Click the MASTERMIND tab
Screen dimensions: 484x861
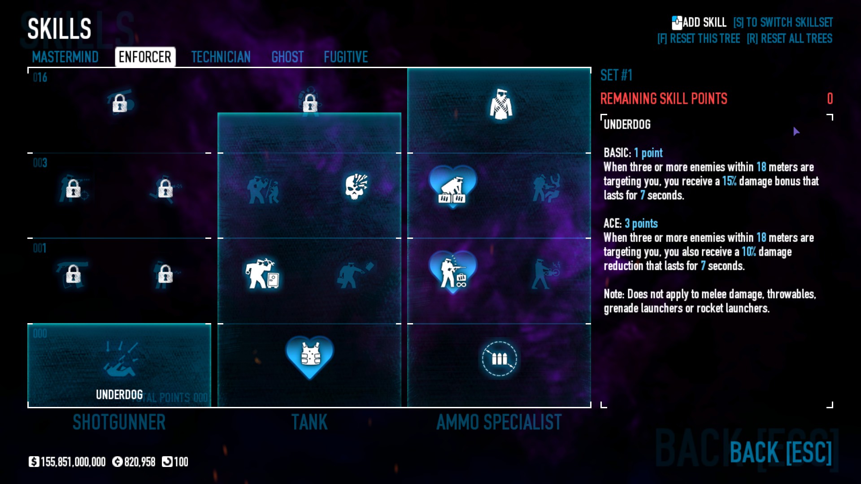[x=65, y=57]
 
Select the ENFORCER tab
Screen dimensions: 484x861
[x=145, y=57]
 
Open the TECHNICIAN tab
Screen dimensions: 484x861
[x=221, y=57]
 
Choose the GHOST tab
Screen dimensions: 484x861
[x=287, y=57]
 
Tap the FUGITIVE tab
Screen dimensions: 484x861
[x=346, y=57]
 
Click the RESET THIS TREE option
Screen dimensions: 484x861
[x=699, y=39]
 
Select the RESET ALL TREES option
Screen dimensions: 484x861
[x=789, y=39]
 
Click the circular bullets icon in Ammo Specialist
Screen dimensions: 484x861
[x=499, y=359]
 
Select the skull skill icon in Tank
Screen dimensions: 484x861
[x=356, y=186]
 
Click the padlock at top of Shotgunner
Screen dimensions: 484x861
[x=120, y=103]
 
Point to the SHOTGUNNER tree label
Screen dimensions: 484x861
[x=119, y=422]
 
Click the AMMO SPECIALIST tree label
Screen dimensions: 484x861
[x=499, y=422]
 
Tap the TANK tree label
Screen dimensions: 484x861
[x=309, y=422]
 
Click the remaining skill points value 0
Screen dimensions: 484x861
[x=830, y=99]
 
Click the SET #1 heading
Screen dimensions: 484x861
[x=616, y=75]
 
